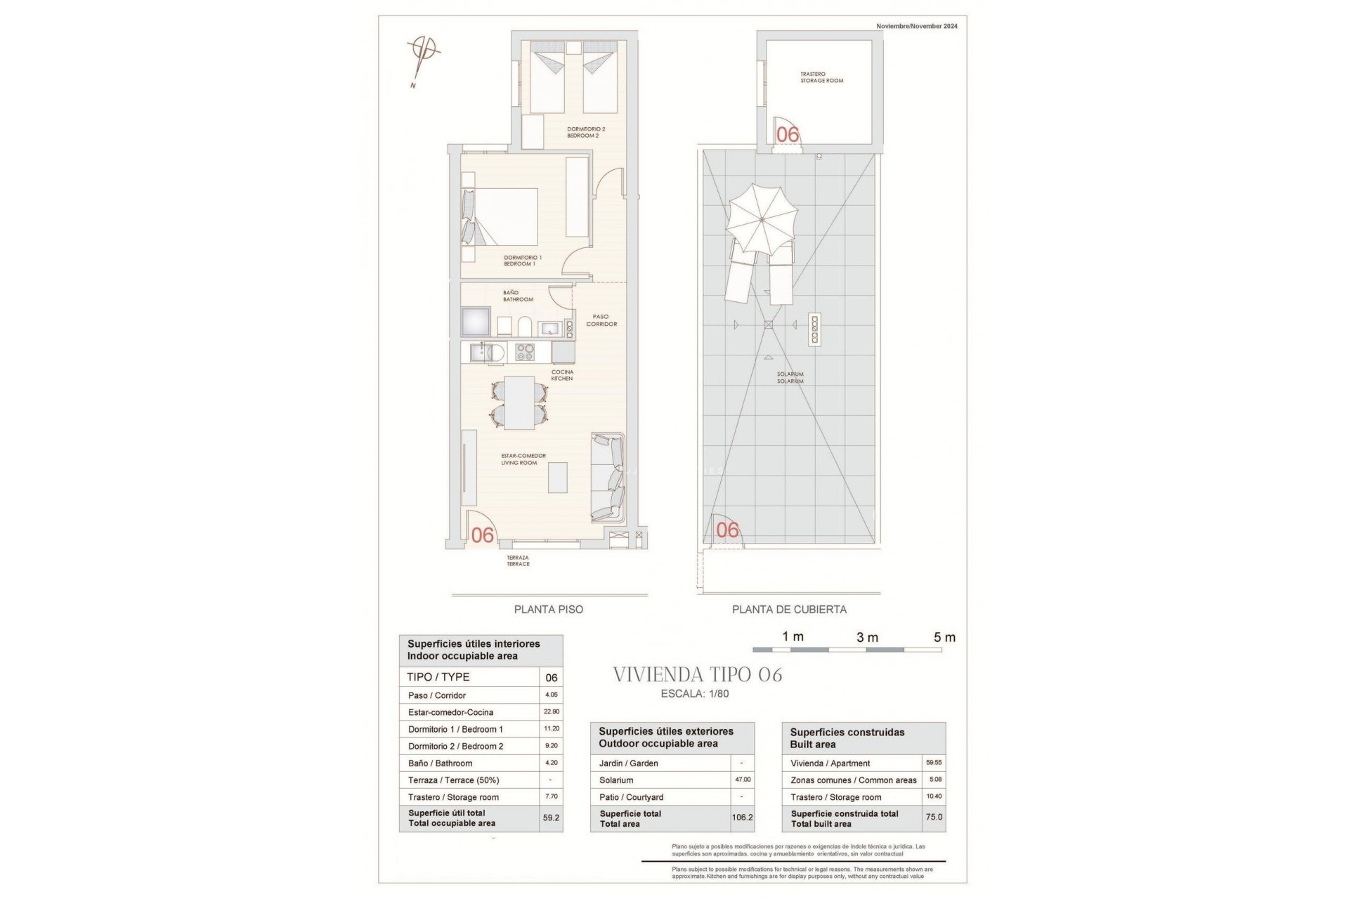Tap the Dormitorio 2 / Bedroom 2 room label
(586, 132)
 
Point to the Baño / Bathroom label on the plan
(518, 296)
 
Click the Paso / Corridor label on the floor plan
(601, 320)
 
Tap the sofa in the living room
(608, 478)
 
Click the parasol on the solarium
(762, 220)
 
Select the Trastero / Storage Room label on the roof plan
(822, 77)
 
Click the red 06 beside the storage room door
(788, 134)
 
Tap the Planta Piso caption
(548, 610)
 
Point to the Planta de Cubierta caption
(789, 610)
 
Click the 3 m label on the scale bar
(867, 638)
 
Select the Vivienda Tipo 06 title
(697, 675)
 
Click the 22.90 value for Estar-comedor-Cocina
(551, 711)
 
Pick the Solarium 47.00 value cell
(743, 780)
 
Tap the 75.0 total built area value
(934, 818)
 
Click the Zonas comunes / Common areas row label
(853, 780)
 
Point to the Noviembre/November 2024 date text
(916, 26)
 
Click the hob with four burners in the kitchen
(525, 351)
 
